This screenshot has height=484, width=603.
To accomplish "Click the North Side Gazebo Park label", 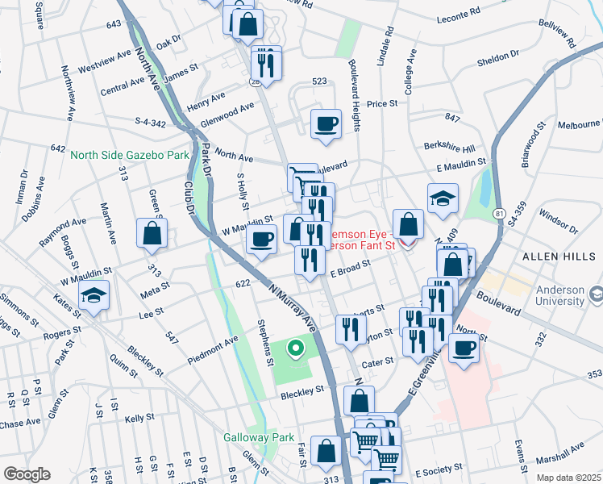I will tap(129, 155).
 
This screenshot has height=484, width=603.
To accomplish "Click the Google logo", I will tap(26, 474).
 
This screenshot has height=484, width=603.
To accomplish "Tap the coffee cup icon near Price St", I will tap(326, 124).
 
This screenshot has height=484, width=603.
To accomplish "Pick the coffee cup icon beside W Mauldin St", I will tap(262, 240).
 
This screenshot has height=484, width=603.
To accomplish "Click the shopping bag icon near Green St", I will tap(152, 234).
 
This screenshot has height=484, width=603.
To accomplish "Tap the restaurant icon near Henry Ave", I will tap(265, 62).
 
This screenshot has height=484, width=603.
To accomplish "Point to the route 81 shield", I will tap(499, 212).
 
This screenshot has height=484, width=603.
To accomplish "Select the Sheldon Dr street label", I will tap(497, 56).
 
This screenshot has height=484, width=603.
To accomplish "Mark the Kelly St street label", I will tap(139, 418).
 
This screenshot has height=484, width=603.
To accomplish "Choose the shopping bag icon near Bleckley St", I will tap(359, 400).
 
